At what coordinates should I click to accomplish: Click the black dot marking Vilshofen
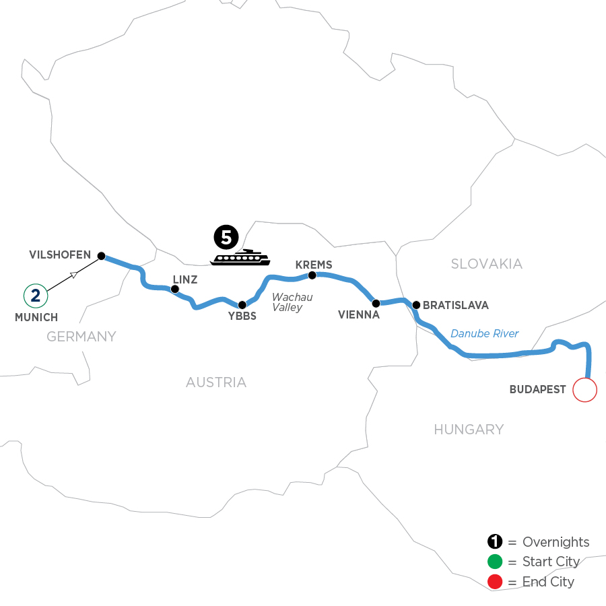pos(101,256)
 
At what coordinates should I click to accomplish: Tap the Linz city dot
pos(175,290)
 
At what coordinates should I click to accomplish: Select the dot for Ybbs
pos(242,305)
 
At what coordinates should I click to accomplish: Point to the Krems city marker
pos(312,275)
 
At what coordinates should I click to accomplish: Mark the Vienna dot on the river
pos(376,303)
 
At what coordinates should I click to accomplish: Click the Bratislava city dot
pos(416,305)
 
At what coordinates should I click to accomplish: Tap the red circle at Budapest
pos(584,390)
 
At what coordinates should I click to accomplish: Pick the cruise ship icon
pos(241,257)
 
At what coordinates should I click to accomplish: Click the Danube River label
pos(485,333)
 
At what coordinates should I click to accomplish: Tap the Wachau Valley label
pos(288,302)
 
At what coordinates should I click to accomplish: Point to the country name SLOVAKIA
pos(486,264)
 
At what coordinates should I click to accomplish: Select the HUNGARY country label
pos(469,430)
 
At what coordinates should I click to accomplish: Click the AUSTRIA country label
pos(216,382)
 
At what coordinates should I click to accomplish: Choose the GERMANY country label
pos(81,337)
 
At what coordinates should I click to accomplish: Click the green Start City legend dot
pos(494,562)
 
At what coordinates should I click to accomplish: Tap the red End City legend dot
pos(494,581)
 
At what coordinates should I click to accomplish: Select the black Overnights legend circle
pos(494,542)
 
